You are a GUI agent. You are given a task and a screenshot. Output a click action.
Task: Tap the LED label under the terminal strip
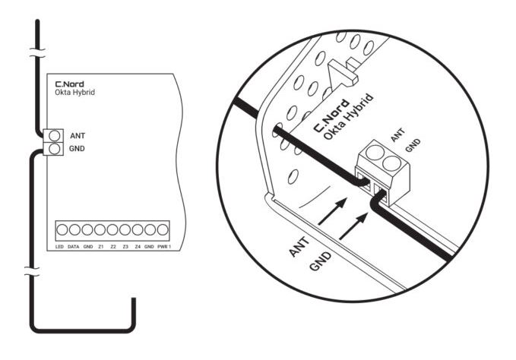point(59,248)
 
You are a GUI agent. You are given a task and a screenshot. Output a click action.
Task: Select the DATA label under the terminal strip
point(74,248)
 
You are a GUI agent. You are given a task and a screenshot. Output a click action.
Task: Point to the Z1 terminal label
point(100,248)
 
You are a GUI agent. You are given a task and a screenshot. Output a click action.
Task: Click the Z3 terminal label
point(125,248)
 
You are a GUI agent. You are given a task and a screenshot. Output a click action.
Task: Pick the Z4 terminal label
point(138,248)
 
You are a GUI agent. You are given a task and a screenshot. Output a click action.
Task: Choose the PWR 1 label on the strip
point(163,248)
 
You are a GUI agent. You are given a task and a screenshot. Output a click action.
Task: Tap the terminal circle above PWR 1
point(162,229)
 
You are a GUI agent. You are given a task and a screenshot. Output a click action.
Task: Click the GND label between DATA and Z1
point(87,248)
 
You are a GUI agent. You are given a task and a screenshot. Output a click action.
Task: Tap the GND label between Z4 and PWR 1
point(149,248)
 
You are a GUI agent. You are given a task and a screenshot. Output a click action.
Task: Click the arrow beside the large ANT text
point(331,212)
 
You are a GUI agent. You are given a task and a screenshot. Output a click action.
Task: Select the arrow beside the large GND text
point(353,226)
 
